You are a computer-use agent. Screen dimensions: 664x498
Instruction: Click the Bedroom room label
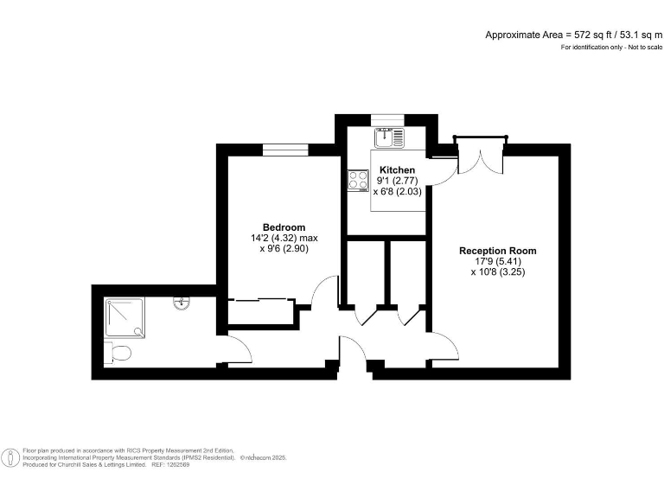pos(284,227)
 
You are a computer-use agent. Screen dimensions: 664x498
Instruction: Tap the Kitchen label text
pos(397,169)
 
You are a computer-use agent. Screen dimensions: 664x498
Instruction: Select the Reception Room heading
pos(498,251)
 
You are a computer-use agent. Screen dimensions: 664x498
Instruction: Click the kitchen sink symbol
pos(389,137)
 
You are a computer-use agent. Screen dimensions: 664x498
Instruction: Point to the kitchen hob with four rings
pos(358,181)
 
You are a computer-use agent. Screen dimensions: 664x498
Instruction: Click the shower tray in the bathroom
pos(124,318)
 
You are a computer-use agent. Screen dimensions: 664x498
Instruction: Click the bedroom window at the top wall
pos(285,150)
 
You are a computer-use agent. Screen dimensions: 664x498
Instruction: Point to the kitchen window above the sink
pos(387,120)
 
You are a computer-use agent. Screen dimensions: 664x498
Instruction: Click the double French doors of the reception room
pos(481,155)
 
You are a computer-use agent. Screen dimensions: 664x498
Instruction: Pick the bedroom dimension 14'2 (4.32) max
pos(284,238)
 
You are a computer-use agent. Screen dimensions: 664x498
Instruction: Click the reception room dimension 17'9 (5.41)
pos(498,262)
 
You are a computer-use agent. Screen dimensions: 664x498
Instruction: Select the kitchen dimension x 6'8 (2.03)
pos(397,191)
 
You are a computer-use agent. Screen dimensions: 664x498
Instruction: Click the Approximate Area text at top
pos(574,35)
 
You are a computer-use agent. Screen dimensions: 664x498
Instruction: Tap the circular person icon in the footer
pos(10,457)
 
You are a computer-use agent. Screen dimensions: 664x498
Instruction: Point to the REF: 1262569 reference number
pos(169,464)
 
